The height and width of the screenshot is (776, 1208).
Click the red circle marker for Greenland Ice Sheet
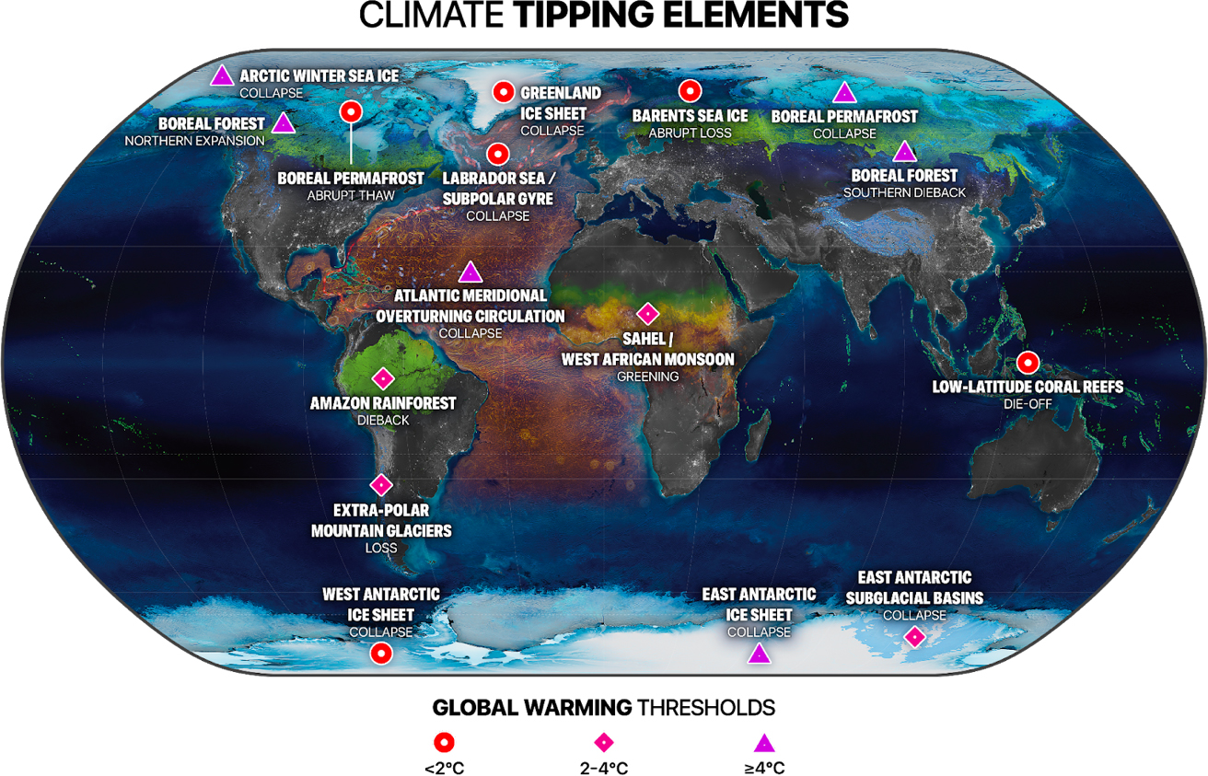click(x=503, y=92)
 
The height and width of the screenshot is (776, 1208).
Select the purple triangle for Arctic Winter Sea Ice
click(x=221, y=76)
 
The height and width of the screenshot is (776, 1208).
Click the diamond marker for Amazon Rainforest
click(x=382, y=378)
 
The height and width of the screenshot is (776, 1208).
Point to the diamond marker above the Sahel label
click(x=647, y=313)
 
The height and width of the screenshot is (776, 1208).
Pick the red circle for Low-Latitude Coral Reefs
click(x=1027, y=362)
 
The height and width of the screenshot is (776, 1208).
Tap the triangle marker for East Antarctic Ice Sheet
click(x=759, y=654)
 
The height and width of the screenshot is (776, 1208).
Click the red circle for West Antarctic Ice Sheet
click(x=381, y=654)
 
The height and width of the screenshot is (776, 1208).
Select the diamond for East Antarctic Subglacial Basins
click(x=914, y=636)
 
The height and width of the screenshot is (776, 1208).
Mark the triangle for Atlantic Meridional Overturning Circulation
click(x=470, y=272)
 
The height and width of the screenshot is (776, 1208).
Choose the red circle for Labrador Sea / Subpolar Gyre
click(x=498, y=153)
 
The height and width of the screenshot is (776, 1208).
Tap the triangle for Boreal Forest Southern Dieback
click(x=905, y=151)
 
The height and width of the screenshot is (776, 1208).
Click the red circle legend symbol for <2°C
click(x=445, y=743)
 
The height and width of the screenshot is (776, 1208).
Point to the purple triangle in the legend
click(x=764, y=743)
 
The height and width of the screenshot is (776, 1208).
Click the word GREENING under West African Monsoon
click(x=647, y=376)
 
